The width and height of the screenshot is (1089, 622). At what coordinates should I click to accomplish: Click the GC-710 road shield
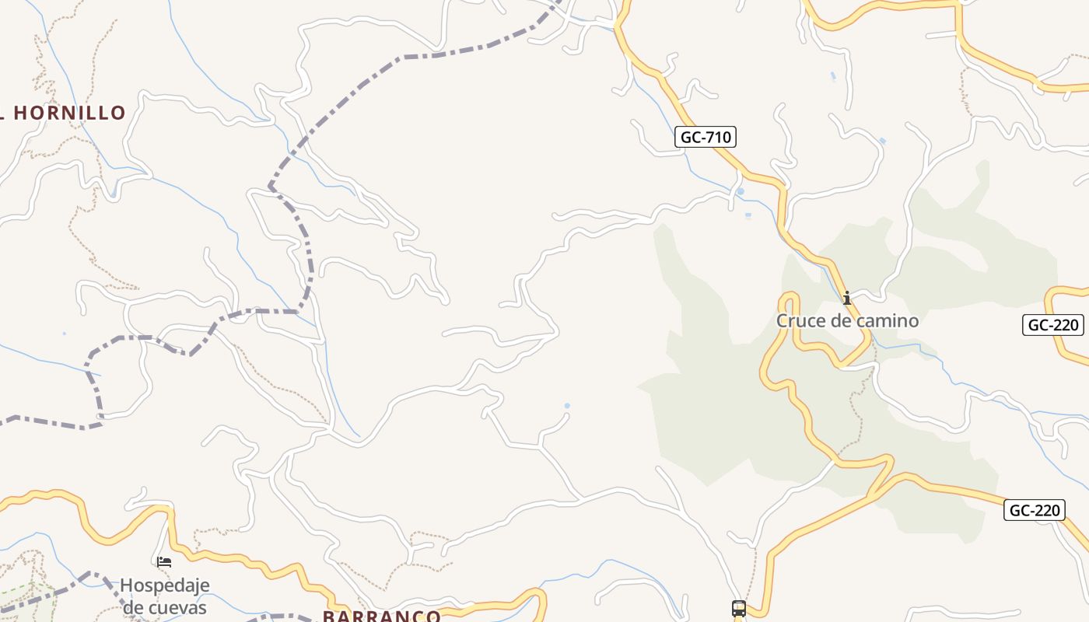[705, 138]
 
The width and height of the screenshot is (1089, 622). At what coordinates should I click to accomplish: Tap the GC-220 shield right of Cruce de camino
[1053, 325]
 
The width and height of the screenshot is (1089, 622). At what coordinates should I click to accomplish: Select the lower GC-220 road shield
[1034, 510]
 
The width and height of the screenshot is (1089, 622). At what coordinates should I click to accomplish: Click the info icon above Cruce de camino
[846, 298]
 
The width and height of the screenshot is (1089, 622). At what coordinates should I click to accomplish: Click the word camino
[887, 320]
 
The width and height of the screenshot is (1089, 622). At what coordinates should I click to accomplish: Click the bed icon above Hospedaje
[164, 561]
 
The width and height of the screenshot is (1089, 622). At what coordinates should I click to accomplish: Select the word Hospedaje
[165, 585]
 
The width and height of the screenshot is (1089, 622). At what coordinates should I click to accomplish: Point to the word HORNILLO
[70, 113]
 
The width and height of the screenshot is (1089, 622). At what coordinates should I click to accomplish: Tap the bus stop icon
[738, 608]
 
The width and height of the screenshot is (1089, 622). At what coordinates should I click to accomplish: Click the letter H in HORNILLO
[21, 113]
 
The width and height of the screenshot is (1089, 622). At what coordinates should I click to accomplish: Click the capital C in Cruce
[783, 320]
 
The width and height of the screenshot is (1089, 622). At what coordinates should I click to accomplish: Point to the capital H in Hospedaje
[126, 585]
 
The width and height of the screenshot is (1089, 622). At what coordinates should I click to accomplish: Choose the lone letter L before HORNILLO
[3, 113]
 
